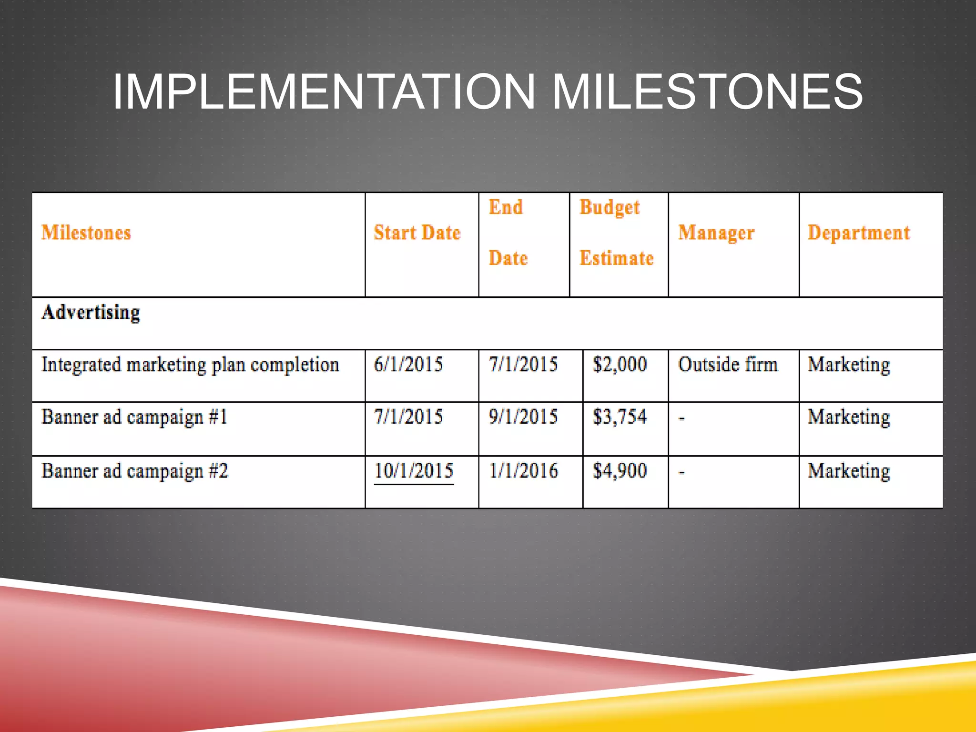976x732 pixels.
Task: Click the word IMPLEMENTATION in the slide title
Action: coord(324,91)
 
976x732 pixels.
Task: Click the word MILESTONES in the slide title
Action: coord(707,91)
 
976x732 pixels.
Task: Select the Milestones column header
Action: coord(86,233)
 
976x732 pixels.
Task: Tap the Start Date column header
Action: coord(417,233)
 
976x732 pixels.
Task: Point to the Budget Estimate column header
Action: coord(616,233)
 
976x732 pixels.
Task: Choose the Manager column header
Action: coord(716,233)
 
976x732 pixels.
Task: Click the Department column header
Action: coord(859,233)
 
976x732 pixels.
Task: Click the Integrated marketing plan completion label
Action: coord(190,365)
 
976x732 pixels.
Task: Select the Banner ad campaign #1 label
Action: coord(134,417)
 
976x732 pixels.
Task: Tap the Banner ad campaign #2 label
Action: coord(135,471)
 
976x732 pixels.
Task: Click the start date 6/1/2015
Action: coord(408,365)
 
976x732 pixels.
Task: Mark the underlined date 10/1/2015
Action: coord(414,471)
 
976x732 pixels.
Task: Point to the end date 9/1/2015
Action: coord(523,417)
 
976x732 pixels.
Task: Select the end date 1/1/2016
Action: coord(523,471)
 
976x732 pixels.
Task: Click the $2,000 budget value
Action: coord(620,365)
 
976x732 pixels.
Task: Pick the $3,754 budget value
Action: coord(620,417)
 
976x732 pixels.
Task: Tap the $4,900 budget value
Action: coord(620,471)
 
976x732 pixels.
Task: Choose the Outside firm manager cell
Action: coord(728,365)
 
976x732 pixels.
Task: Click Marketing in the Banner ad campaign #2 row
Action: coord(849,471)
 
